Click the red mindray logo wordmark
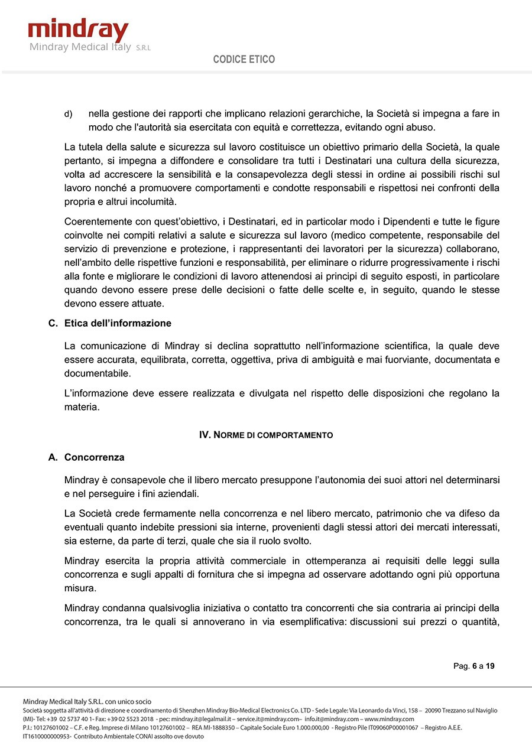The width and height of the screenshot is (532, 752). (x=78, y=30)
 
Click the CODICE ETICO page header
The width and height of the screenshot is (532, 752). (x=244, y=60)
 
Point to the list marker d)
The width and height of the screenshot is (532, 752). (x=68, y=113)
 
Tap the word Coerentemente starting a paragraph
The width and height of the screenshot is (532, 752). (x=98, y=222)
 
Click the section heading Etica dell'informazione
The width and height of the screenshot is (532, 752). (x=118, y=323)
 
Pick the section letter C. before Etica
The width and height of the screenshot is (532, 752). (x=53, y=323)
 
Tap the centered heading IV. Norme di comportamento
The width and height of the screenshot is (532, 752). (x=266, y=435)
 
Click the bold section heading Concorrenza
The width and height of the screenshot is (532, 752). (x=94, y=457)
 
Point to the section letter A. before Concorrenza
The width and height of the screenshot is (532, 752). (x=53, y=457)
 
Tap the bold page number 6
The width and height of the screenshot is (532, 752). (x=474, y=666)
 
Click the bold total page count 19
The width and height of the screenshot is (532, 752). (x=490, y=666)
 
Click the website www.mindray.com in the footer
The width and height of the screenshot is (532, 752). (x=390, y=719)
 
